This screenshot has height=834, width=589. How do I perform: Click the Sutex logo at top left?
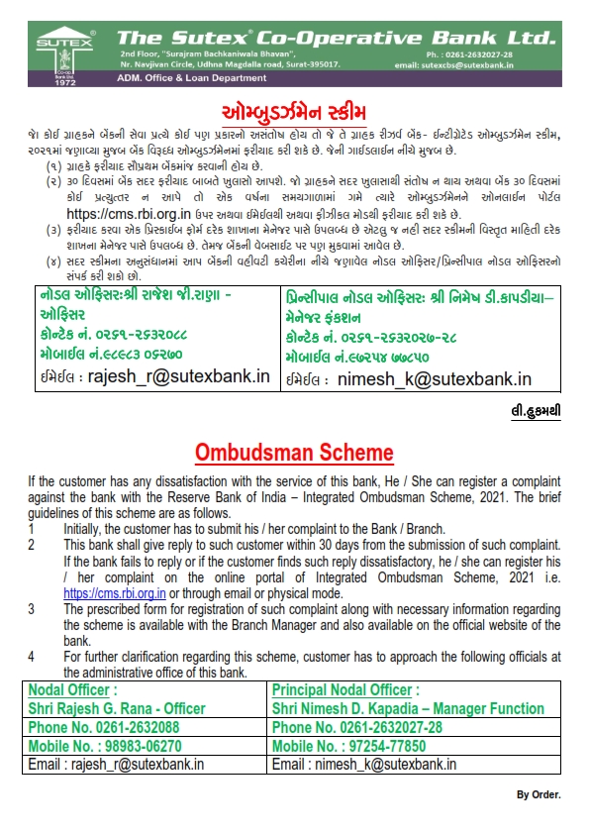pyautogui.click(x=50, y=50)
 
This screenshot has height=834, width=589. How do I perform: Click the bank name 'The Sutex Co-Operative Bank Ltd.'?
pyautogui.click(x=338, y=37)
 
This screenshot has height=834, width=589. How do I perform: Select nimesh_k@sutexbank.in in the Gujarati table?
pyautogui.click(x=434, y=378)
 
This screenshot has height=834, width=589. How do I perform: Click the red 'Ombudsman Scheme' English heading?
pyautogui.click(x=294, y=453)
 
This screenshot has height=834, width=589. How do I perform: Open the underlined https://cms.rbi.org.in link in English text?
pyautogui.click(x=109, y=592)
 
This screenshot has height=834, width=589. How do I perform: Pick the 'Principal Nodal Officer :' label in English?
pyautogui.click(x=345, y=689)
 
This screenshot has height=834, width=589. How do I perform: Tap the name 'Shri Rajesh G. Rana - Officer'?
pyautogui.click(x=118, y=708)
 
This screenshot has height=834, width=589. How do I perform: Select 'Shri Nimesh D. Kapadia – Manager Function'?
pyautogui.click(x=408, y=708)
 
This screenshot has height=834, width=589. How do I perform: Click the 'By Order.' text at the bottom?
pyautogui.click(x=539, y=794)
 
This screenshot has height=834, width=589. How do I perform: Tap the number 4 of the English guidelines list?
pyautogui.click(x=31, y=656)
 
